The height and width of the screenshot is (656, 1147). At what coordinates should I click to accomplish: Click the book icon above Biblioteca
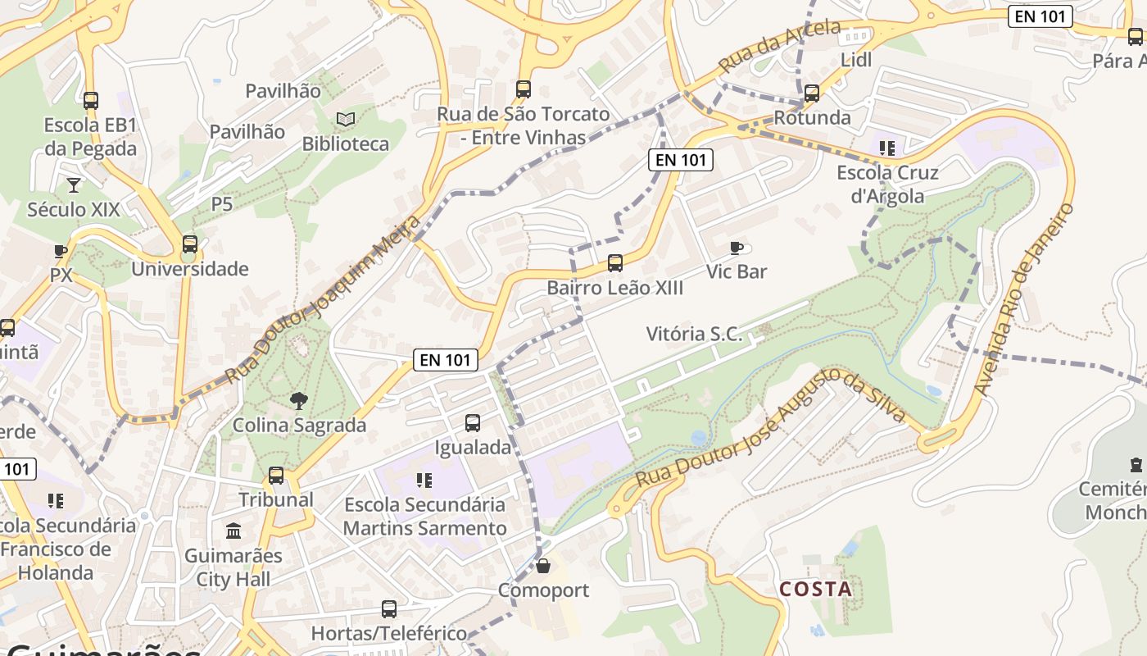pyautogui.click(x=346, y=120)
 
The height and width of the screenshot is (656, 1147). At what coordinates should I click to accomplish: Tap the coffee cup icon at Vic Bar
pyautogui.click(x=737, y=248)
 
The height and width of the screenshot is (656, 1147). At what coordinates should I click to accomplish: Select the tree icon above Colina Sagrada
pyautogui.click(x=299, y=401)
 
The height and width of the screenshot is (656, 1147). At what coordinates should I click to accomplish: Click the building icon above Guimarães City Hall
pyautogui.click(x=233, y=531)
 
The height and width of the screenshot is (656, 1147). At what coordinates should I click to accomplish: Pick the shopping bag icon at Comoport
pyautogui.click(x=542, y=566)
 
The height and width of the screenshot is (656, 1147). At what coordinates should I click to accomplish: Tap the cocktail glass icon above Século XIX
pyautogui.click(x=74, y=184)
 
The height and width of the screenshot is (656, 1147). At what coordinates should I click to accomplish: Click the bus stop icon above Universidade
pyautogui.click(x=190, y=244)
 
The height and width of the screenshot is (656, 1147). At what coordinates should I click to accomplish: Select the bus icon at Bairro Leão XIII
pyautogui.click(x=615, y=263)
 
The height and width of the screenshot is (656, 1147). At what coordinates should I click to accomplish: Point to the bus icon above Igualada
pyautogui.click(x=473, y=423)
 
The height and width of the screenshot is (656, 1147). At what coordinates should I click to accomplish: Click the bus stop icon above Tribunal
pyautogui.click(x=276, y=476)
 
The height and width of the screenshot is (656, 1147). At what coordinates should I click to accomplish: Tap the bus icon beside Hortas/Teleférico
pyautogui.click(x=389, y=609)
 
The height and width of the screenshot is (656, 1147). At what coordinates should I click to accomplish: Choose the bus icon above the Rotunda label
pyautogui.click(x=812, y=93)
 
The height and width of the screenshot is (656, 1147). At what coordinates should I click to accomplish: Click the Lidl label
pyautogui.click(x=856, y=60)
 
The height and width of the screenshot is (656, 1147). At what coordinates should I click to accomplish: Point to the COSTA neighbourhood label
pyautogui.click(x=815, y=589)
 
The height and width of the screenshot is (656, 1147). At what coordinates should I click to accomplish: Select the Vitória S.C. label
pyautogui.click(x=694, y=334)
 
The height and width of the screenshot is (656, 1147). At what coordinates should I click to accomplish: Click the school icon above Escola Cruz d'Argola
pyautogui.click(x=887, y=148)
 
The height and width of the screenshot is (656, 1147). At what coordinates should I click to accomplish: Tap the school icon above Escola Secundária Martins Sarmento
pyautogui.click(x=424, y=480)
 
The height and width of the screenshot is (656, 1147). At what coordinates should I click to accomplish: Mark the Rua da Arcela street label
pyautogui.click(x=779, y=46)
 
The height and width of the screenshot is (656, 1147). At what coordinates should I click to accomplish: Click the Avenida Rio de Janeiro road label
pyautogui.click(x=1025, y=299)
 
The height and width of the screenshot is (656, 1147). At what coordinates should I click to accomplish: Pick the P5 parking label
pyautogui.click(x=222, y=203)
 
